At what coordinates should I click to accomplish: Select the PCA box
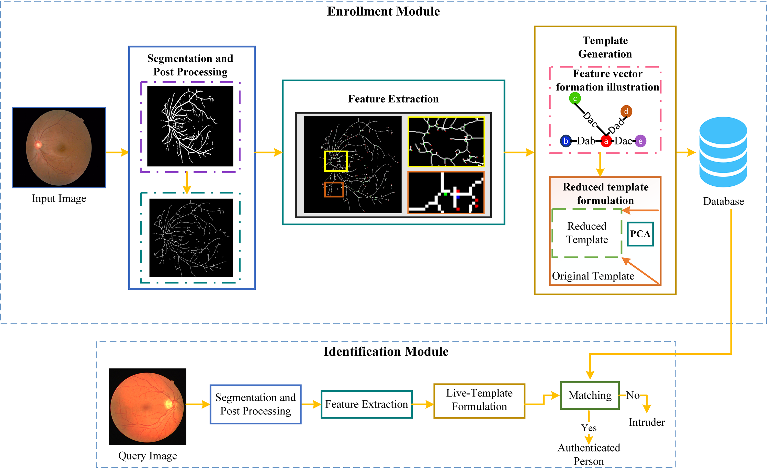640,234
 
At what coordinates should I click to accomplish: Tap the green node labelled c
575,98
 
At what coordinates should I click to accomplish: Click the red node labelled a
606,141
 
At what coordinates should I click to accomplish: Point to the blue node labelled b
566,141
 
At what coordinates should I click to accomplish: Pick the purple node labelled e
640,141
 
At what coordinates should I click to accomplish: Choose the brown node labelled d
626,111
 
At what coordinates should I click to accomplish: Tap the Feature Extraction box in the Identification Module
366,404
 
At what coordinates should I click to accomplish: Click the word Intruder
647,422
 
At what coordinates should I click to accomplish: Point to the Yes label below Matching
589,428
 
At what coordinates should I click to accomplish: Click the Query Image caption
147,456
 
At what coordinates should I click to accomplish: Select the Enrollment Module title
383,12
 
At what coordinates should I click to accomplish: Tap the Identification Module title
386,352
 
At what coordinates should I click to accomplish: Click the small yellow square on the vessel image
336,161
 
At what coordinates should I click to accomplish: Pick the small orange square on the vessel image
334,189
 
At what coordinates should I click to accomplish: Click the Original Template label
593,276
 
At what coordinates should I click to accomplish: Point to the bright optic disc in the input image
38,144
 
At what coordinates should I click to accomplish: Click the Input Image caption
59,199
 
